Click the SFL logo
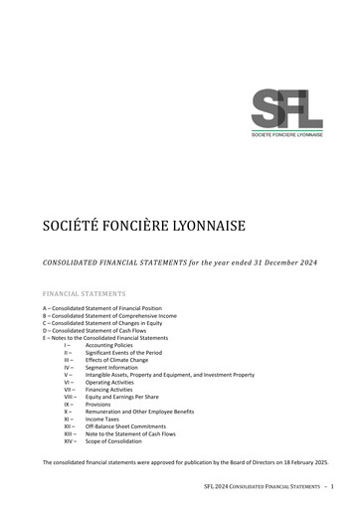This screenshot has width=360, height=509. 287,108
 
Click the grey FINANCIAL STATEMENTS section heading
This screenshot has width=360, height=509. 85,294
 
